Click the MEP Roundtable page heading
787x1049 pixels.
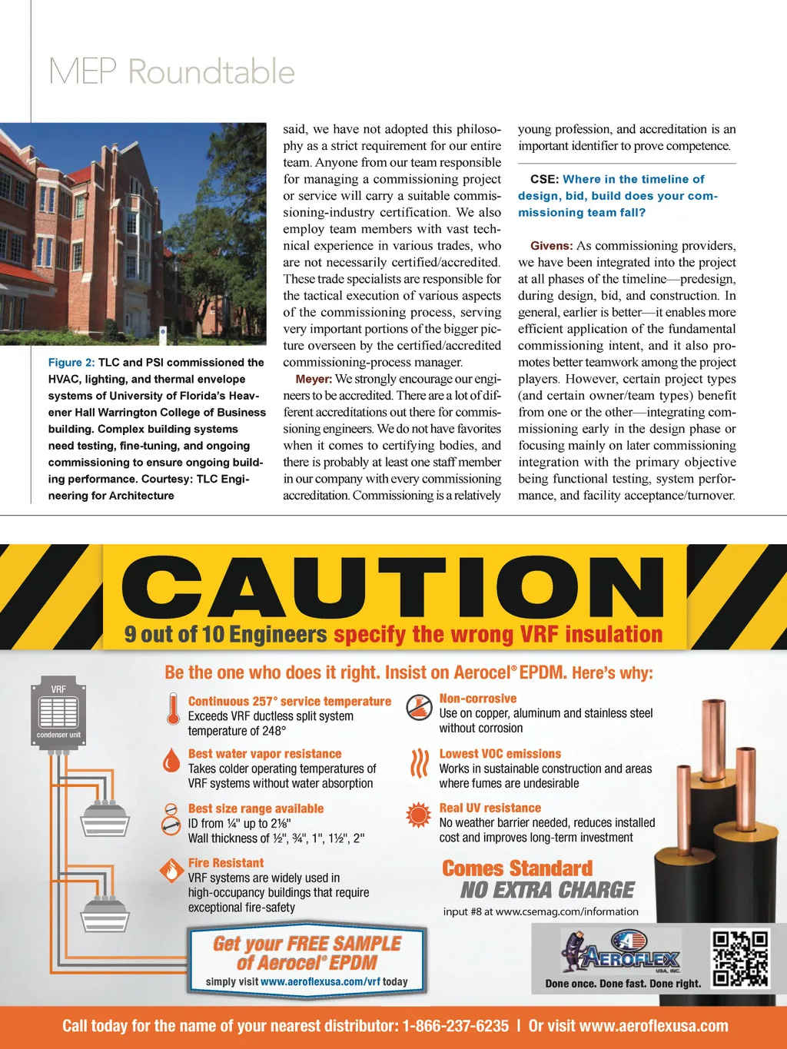171,71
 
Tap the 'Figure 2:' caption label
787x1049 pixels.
71,363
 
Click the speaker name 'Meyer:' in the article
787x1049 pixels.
314,379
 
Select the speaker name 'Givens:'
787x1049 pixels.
551,246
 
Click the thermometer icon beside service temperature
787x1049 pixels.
173,708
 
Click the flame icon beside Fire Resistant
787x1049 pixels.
170,870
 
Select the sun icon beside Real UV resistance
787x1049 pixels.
419,815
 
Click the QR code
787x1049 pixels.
740,958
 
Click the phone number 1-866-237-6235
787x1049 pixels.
455,1026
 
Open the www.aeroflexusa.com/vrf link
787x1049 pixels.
320,981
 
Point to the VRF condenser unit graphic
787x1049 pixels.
58,707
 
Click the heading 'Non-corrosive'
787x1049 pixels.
477,699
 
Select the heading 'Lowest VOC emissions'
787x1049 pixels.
500,754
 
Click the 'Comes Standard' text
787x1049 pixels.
517,868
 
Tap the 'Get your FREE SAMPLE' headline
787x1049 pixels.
307,944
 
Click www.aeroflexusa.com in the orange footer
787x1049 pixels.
653,1026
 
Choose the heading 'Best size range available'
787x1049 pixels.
255,808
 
